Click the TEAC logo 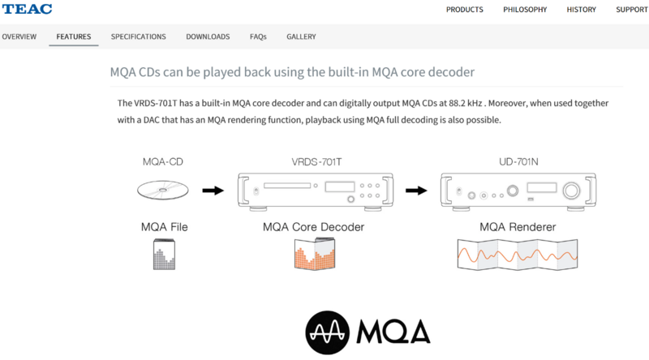click(27, 9)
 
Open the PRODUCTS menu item click(464, 10)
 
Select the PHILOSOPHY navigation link click(525, 10)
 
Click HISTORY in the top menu click(581, 10)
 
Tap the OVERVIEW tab click(19, 36)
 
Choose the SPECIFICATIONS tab click(138, 36)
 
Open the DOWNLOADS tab click(208, 36)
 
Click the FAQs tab click(258, 36)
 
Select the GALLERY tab click(301, 36)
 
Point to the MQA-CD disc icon click(163, 190)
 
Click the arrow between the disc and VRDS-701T click(213, 191)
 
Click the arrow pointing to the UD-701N click(416, 191)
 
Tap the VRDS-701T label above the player click(316, 162)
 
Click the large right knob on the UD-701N click(571, 191)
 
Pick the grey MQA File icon click(164, 254)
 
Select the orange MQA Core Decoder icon click(315, 254)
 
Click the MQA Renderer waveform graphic click(518, 255)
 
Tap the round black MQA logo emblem click(328, 332)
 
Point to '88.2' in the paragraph click(457, 103)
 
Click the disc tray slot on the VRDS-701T click(287, 186)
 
